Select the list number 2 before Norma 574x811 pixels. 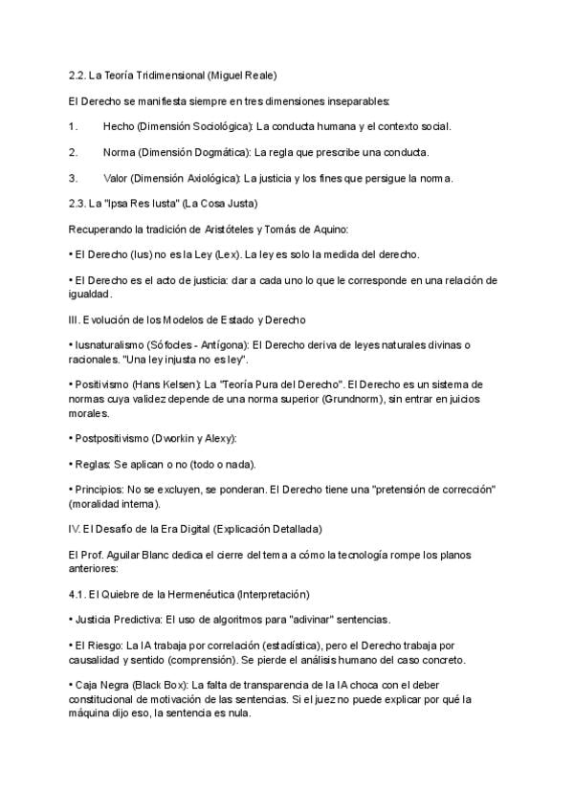tap(73, 152)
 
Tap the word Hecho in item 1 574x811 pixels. tap(119, 126)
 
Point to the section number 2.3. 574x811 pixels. tap(78, 204)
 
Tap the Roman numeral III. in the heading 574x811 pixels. tap(75, 318)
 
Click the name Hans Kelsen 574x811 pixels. tap(166, 384)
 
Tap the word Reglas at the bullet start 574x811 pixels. tap(93, 464)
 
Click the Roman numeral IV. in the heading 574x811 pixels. tap(76, 529)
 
